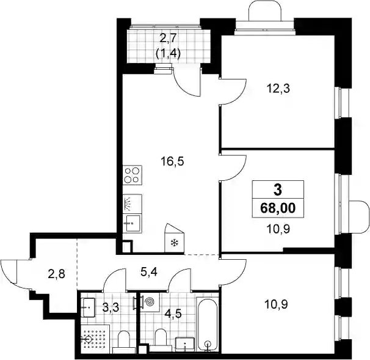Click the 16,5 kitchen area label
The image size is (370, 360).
pyautogui.click(x=172, y=162)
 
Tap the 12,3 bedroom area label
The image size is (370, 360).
pyautogui.click(x=278, y=89)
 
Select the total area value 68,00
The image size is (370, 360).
pyautogui.click(x=278, y=208)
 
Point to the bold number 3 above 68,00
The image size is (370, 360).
pyautogui.click(x=278, y=190)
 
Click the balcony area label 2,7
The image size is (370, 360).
pyautogui.click(x=168, y=38)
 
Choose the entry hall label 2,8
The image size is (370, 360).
pyautogui.click(x=57, y=275)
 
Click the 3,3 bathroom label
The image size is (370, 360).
pyautogui.click(x=111, y=307)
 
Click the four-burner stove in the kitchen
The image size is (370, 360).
pyautogui.click(x=132, y=175)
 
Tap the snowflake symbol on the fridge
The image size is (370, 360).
pyautogui.click(x=174, y=243)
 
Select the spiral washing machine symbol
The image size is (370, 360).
pyautogui.click(x=149, y=302)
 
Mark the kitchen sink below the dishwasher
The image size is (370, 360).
pyautogui.click(x=132, y=224)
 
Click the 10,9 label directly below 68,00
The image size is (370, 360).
pyautogui.click(x=278, y=229)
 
